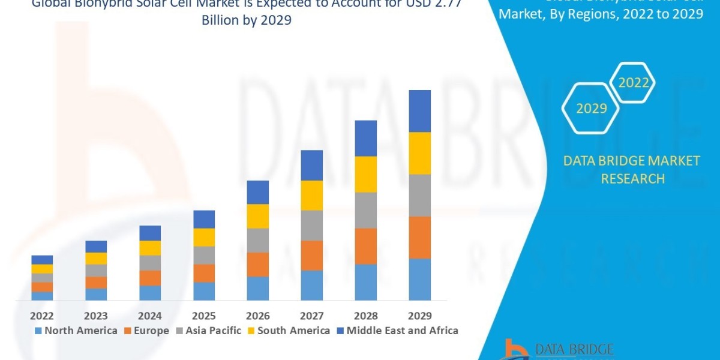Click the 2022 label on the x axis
point(42,316)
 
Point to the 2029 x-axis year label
point(419,316)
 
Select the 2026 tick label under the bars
point(257,316)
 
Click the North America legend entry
point(76,331)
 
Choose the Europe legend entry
point(146,331)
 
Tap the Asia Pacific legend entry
point(208,331)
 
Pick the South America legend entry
point(288,331)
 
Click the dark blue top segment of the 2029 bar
point(419,111)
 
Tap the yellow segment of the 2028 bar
point(365,174)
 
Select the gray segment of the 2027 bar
point(311,225)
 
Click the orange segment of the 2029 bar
point(419,237)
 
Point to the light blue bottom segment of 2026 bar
point(257,288)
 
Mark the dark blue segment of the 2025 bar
point(203,219)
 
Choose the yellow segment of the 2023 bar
point(96,258)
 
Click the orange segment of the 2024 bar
point(150,278)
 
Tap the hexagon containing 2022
point(634,83)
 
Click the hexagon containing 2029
point(590,108)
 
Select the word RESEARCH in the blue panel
point(632,179)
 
